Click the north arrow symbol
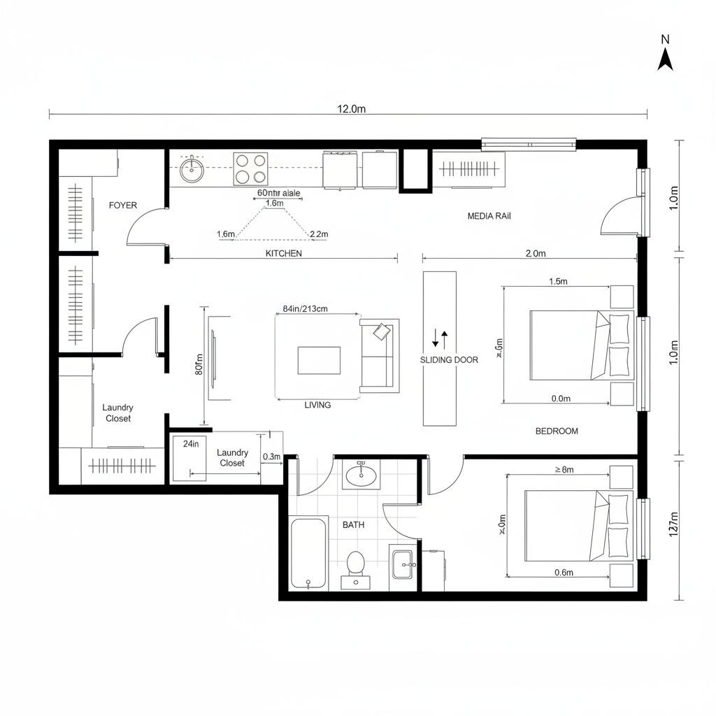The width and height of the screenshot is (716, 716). point(665,58)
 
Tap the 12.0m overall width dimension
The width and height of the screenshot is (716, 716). point(351,108)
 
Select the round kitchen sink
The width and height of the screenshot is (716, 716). point(191,169)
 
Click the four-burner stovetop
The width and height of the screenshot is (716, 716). point(251,169)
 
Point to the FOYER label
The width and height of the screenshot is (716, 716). point(123,206)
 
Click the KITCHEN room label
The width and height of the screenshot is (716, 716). point(284,253)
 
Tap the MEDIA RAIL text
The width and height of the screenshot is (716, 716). point(489,216)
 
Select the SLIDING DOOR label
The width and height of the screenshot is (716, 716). point(449,360)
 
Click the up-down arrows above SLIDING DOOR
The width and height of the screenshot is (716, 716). point(440,338)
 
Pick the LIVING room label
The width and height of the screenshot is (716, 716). point(317,405)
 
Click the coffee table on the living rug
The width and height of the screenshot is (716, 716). point(319,360)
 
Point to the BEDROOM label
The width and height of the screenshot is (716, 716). point(557,431)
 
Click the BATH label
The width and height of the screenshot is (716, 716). point(354,524)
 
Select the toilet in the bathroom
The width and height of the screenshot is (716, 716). point(356,565)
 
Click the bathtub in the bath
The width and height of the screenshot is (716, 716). point(308,553)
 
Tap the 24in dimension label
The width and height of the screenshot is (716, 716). point(190,443)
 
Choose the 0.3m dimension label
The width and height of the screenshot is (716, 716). point(271,457)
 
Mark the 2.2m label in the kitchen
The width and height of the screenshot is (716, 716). point(318,234)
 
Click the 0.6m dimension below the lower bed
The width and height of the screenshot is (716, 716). point(563,572)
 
